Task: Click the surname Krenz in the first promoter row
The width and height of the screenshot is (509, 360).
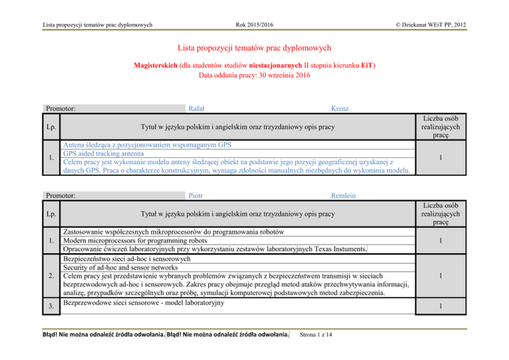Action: coord(344,108)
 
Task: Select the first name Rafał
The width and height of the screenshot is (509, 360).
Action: coord(196,108)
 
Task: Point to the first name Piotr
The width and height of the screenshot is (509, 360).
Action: coord(196,196)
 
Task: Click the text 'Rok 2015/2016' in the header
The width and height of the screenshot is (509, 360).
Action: coord(255,26)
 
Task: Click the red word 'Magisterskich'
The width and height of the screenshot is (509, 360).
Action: coord(161,65)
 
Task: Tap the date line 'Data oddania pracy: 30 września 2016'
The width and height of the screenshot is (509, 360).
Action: coord(254,76)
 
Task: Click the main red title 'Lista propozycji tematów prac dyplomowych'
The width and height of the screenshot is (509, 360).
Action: coord(254,48)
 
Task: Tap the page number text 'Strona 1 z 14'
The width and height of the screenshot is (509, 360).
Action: coord(321,333)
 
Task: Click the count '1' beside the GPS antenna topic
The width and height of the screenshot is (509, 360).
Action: coord(469,158)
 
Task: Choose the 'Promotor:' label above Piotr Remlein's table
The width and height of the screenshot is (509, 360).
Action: coord(60,196)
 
